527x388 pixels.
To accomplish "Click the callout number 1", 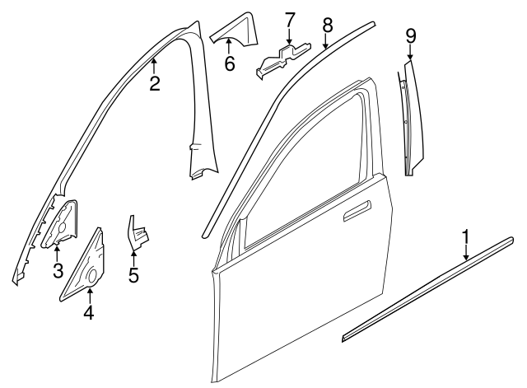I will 466,238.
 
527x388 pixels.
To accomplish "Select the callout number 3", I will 57,269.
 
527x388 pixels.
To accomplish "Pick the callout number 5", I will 133,273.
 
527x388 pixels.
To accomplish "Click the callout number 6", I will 230,61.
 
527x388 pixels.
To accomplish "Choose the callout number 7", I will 289,19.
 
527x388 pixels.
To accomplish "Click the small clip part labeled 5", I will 136,236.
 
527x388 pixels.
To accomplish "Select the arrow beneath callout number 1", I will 466,252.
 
